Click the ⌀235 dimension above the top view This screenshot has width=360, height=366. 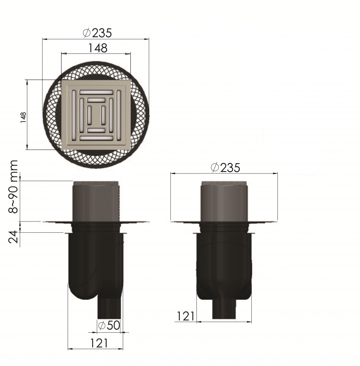click(x=97, y=33)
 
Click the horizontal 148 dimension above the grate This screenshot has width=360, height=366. click(x=98, y=48)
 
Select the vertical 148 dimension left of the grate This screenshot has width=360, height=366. click(x=23, y=117)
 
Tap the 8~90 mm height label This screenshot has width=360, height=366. click(x=13, y=187)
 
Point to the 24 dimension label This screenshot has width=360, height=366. click(x=13, y=237)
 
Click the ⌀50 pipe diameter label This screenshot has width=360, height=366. click(x=109, y=325)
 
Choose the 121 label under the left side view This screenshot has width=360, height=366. click(x=99, y=343)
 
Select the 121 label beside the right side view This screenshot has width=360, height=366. click(x=185, y=317)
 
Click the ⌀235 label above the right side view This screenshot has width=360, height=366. click(x=225, y=168)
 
